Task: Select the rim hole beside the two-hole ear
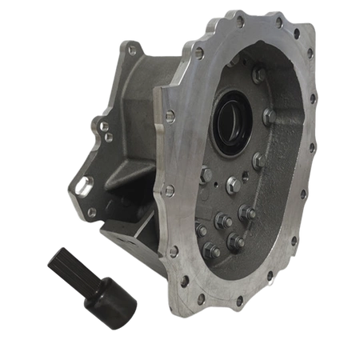[x=170, y=117]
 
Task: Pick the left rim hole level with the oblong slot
[x=169, y=190]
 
